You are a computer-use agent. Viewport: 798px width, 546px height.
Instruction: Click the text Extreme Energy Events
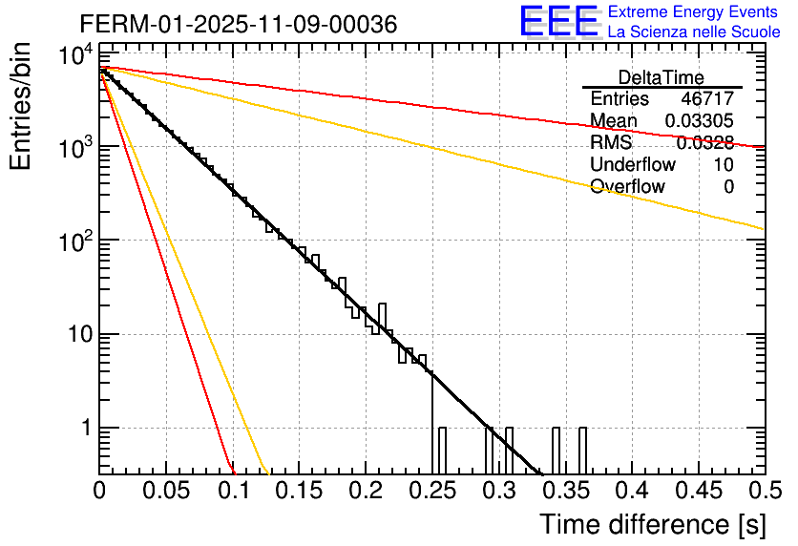[x=693, y=12]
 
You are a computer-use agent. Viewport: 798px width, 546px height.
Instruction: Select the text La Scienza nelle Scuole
[x=693, y=31]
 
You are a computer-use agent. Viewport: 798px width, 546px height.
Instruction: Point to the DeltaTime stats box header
[x=661, y=77]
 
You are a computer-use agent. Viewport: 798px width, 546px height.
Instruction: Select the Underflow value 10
[x=724, y=164]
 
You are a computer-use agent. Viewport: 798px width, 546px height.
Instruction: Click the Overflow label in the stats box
[x=627, y=186]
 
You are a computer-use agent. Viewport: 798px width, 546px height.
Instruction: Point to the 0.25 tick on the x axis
[x=431, y=491]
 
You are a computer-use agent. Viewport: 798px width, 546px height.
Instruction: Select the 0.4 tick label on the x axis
[x=630, y=491]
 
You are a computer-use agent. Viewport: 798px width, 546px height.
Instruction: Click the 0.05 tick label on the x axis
[x=166, y=491]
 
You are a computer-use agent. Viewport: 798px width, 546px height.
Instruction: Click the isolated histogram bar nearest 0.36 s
[x=582, y=450]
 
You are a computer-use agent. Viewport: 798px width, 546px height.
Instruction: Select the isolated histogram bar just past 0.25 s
[x=442, y=450]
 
